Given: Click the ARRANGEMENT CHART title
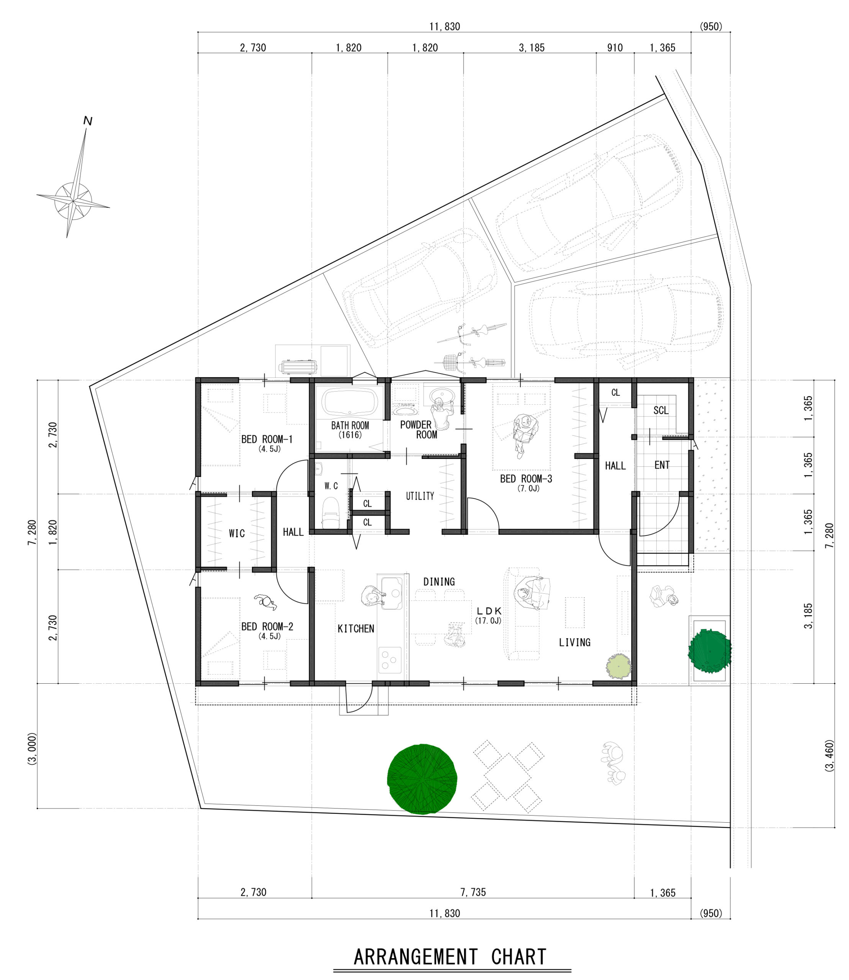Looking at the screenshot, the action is [450, 957].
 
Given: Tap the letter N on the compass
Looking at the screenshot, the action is [88, 121].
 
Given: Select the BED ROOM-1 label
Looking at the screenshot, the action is [267, 439].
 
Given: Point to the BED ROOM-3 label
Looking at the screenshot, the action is [526, 479].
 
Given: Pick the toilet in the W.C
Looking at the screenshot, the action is [331, 513].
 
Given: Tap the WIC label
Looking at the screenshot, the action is [237, 533].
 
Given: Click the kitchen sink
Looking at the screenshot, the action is [391, 593].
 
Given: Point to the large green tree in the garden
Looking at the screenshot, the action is [422, 779].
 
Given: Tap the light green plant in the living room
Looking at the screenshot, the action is [618, 666].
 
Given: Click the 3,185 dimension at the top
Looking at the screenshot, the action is [532, 48].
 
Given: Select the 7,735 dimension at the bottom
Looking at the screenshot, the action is [473, 892].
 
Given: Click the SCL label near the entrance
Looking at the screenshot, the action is [661, 410].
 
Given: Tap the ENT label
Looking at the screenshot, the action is [662, 465].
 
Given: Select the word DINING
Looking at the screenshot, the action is [439, 581].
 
